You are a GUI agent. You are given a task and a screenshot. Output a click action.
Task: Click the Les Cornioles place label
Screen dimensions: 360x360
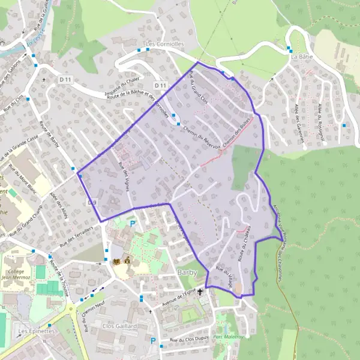[x=167, y=44]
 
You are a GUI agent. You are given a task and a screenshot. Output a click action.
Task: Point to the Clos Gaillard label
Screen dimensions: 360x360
[x=119, y=326]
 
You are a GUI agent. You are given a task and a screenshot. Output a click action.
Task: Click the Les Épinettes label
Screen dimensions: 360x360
[x=36, y=331]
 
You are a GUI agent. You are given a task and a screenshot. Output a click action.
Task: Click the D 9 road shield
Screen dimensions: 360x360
[x=92, y=203]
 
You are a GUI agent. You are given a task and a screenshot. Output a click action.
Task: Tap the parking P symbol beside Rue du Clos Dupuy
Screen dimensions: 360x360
[x=153, y=341]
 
